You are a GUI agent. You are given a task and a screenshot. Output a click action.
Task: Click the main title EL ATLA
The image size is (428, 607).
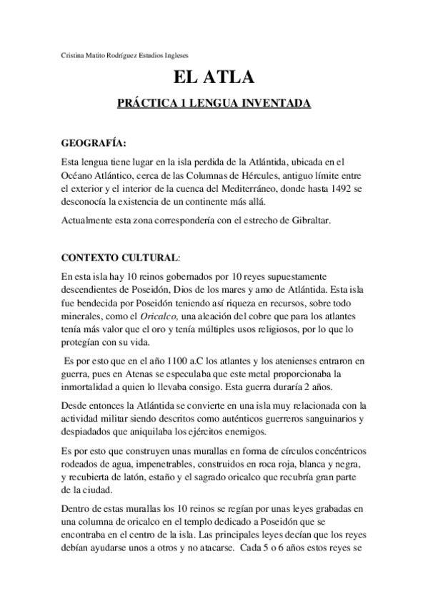(x=214, y=78)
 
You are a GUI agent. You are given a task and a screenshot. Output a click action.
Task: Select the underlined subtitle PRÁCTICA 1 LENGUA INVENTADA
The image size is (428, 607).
(x=214, y=104)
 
